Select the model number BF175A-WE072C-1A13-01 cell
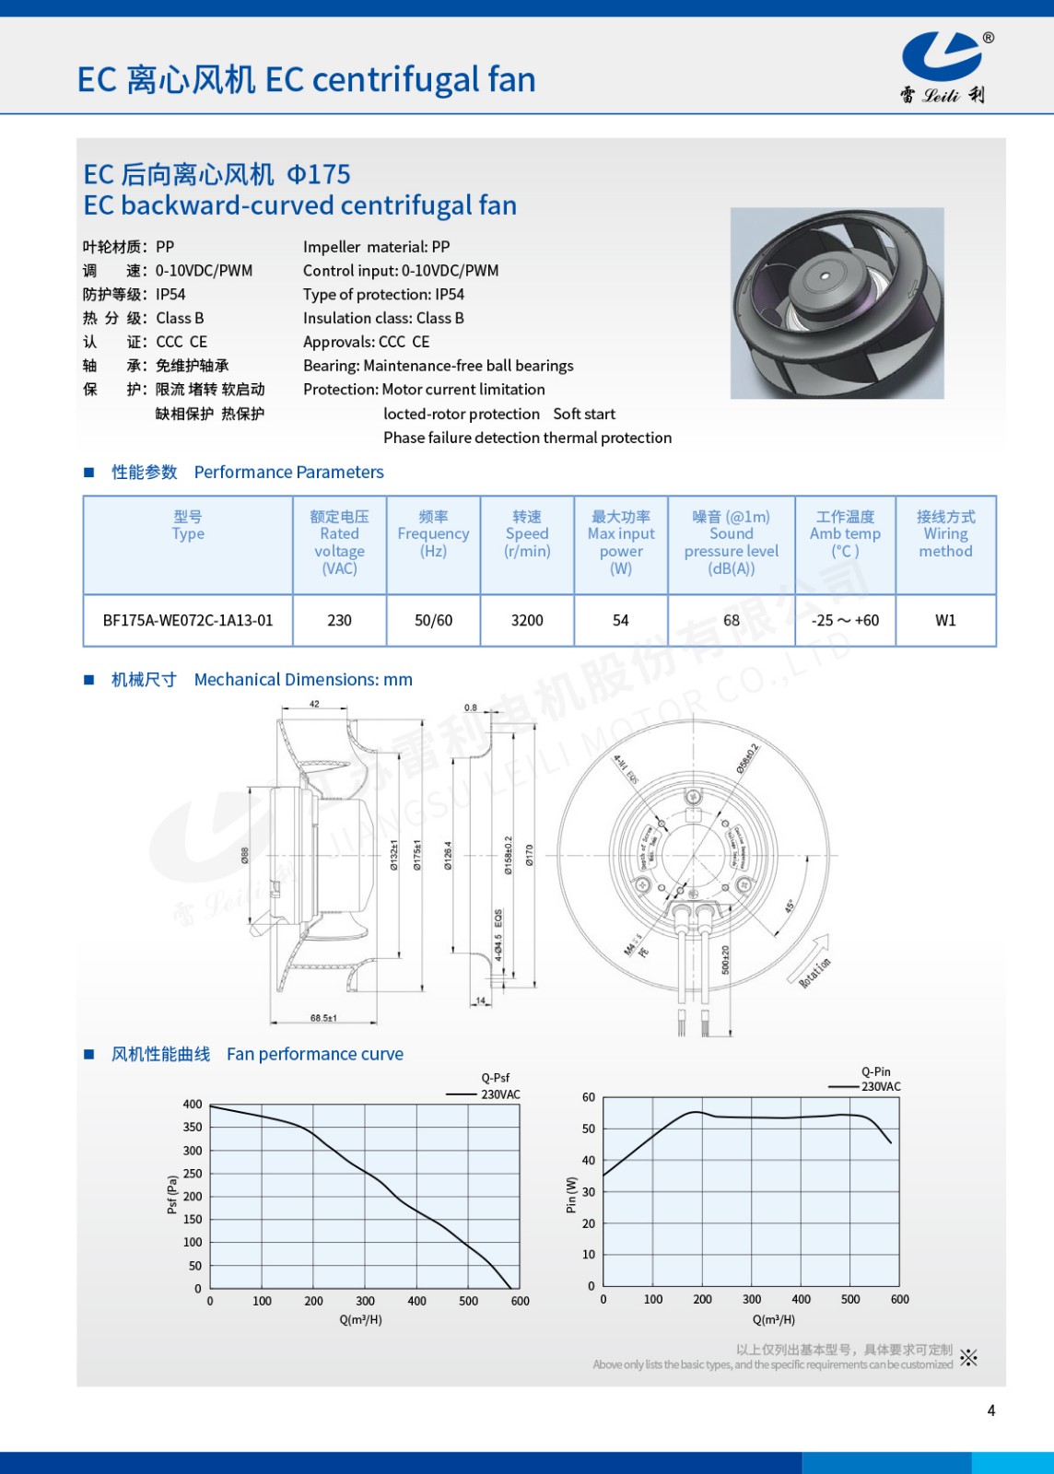188,621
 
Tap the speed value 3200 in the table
527,621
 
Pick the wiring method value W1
945,621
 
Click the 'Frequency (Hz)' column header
433,534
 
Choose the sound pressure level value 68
732,621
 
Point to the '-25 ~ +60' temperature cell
845,621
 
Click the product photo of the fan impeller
837,303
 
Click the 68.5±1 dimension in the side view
323,1018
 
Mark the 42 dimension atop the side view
314,705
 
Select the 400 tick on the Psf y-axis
193,1105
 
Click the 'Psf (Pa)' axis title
172,1195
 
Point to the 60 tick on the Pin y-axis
589,1097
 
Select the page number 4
991,1410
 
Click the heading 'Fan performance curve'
315,1054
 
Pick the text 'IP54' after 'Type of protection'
450,295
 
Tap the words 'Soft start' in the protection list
584,414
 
